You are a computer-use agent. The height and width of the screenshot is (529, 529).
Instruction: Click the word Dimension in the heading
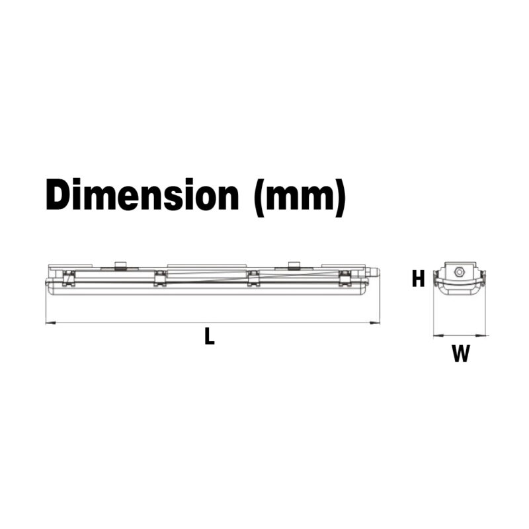(142, 195)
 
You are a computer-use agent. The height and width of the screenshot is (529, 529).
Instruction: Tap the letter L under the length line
(209, 337)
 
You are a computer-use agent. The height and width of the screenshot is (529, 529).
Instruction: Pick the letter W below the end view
(460, 355)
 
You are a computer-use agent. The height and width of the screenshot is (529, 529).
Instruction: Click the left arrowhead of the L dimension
(48, 323)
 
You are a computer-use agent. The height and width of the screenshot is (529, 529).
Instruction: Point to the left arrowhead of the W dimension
(435, 336)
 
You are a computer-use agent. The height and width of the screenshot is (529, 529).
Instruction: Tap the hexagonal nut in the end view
(460, 271)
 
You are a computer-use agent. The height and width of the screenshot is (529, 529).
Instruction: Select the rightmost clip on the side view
(344, 278)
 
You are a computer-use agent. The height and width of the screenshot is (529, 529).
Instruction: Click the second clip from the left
(159, 278)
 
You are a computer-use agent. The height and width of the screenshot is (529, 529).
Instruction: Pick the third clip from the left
(253, 278)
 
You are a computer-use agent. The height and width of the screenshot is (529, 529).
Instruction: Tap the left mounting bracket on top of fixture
(120, 266)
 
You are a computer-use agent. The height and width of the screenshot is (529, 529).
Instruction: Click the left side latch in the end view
(435, 278)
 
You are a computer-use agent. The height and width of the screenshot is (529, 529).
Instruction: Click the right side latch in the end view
(484, 278)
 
